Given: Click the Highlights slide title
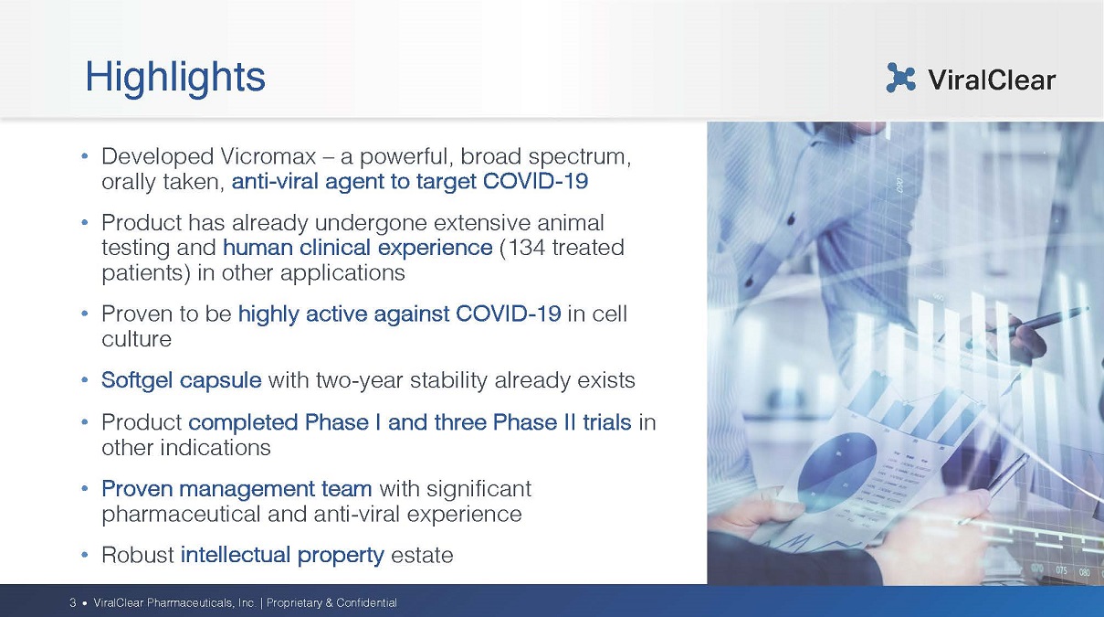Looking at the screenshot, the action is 175,78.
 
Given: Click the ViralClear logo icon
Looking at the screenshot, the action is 900,78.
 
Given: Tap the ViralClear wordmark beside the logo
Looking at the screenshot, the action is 992,80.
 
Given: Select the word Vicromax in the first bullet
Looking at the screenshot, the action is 268,156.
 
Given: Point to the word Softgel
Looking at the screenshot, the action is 137,380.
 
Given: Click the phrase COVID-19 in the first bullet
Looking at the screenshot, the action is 535,181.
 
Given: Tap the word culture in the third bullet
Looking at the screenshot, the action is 137,339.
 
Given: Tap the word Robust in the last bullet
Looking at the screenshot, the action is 138,555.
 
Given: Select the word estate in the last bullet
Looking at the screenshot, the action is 422,556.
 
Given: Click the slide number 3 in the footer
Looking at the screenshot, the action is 72,602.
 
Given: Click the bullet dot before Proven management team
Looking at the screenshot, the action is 85,489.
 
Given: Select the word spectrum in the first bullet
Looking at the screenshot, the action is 580,157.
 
